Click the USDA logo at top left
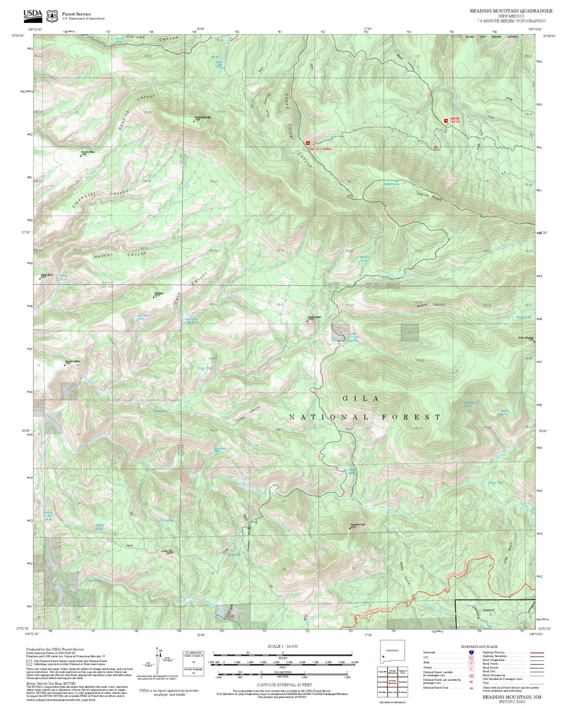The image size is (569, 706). [33, 14]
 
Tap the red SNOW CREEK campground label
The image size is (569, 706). [455, 120]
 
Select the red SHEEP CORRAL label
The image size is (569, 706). [321, 149]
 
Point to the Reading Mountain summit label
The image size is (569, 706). [203, 118]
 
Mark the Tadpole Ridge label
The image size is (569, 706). [429, 193]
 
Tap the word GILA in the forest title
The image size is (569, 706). [360, 398]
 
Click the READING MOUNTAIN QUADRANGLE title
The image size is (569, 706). [511, 11]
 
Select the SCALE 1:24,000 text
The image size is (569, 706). [283, 646]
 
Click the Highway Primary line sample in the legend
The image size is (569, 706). [536, 653]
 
